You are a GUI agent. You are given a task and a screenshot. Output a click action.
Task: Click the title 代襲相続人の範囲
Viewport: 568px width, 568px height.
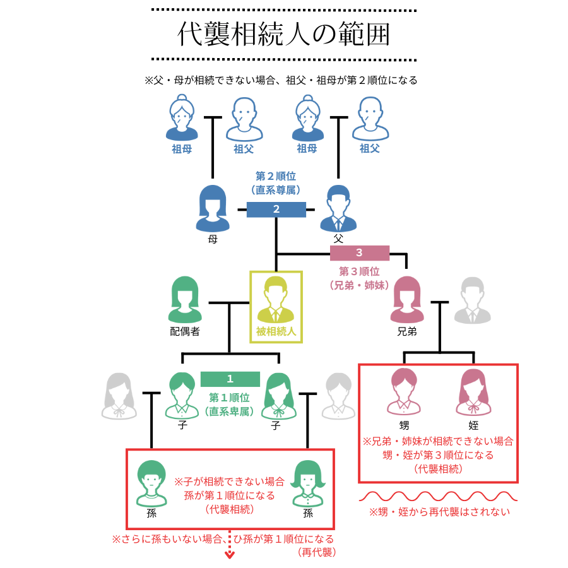pos(284,35)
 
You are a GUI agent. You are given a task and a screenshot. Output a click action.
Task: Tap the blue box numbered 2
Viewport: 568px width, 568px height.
pos(276,210)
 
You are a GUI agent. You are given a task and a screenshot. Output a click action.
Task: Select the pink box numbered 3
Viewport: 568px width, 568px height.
pos(359,253)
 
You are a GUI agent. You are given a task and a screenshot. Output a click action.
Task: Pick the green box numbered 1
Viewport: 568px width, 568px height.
pos(230,379)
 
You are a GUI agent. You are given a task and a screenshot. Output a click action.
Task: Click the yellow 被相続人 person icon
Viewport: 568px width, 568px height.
pos(276,300)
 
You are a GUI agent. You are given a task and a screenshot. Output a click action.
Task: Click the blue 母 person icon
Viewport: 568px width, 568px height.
pos(213,209)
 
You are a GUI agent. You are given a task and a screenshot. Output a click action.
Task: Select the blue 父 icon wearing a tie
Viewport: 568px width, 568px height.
pos(338,208)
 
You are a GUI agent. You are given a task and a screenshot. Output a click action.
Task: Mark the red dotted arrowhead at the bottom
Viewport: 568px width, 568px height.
pos(230,555)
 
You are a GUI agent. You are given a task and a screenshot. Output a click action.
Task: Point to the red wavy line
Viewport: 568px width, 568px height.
pos(438,495)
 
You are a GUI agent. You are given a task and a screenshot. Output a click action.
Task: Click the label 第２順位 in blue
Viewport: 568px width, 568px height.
pos(276,176)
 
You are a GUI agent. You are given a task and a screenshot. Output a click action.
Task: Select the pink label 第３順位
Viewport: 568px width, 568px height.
pos(359,271)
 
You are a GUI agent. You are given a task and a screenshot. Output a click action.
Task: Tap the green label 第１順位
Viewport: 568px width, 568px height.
pos(230,398)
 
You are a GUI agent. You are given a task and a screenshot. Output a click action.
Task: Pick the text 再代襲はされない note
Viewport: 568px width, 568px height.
pos(439,512)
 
